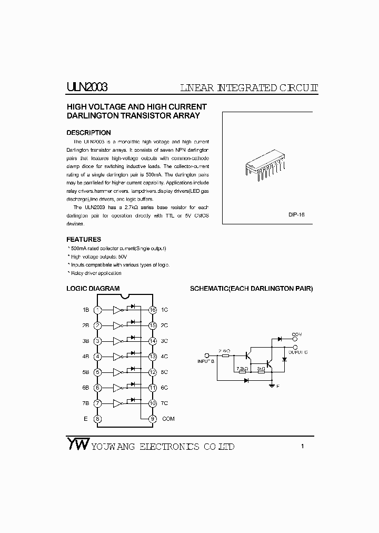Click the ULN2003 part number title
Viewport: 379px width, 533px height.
[87, 87]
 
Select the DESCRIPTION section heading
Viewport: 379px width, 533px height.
[88, 133]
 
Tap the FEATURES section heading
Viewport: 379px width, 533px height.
[84, 239]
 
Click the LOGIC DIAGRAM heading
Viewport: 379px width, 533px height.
[93, 289]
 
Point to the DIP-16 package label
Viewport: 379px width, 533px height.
[296, 215]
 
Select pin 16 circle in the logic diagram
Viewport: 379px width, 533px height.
[153, 310]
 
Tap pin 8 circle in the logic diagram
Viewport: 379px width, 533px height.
[97, 419]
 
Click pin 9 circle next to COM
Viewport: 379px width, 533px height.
[153, 419]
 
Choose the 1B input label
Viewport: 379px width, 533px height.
[85, 310]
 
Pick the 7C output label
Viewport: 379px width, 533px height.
[164, 403]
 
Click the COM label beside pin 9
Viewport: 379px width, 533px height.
[168, 419]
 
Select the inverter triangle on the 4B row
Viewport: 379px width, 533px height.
[117, 357]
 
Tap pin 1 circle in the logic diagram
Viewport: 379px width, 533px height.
[97, 310]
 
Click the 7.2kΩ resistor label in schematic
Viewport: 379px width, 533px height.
[242, 369]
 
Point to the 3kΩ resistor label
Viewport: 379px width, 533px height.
[261, 369]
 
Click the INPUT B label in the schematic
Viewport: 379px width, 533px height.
[206, 361]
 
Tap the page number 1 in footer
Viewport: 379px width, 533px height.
[303, 447]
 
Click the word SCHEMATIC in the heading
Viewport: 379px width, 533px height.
[208, 289]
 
